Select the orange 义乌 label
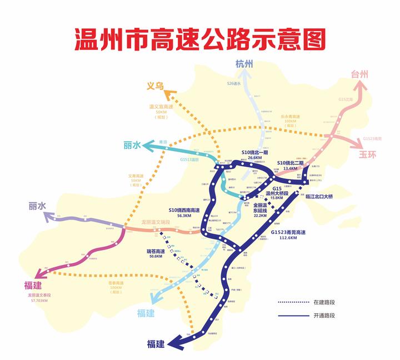155,86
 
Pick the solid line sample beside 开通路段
292,316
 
